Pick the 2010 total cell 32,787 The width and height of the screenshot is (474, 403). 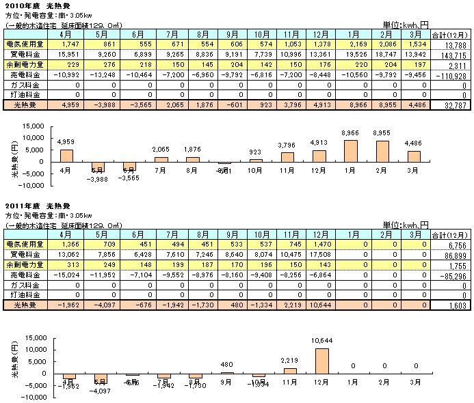coord(453,105)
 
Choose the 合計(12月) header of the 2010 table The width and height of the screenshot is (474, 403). coord(451,33)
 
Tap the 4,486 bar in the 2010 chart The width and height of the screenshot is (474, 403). coord(414,156)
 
